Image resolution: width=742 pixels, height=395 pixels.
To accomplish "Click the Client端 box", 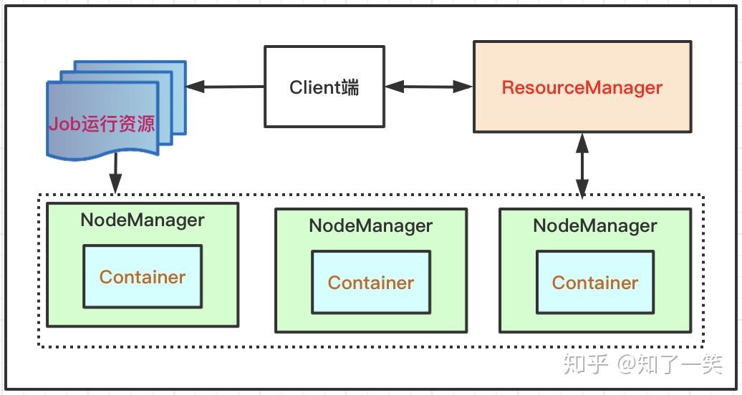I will click(x=324, y=87).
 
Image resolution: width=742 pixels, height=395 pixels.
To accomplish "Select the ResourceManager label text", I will click(x=582, y=88).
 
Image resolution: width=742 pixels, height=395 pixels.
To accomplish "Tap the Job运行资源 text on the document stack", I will click(x=102, y=124).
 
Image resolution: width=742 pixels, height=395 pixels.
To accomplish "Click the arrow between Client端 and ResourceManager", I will click(x=428, y=87).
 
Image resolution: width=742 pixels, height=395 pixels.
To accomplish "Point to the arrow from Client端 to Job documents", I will click(x=226, y=87).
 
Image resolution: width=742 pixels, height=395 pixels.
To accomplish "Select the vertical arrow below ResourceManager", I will click(x=582, y=165).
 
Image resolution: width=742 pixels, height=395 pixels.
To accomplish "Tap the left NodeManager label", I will click(x=142, y=220).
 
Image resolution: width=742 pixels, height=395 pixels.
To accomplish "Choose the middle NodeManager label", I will click(x=370, y=225).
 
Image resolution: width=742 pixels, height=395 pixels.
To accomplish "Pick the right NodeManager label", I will click(x=594, y=225).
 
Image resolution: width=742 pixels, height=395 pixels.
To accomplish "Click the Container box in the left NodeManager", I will click(x=142, y=276).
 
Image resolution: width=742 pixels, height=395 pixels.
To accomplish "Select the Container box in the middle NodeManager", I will click(x=370, y=282).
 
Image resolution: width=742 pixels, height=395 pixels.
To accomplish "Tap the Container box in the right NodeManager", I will click(x=594, y=282).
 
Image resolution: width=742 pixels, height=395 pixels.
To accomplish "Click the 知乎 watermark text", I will click(x=586, y=364).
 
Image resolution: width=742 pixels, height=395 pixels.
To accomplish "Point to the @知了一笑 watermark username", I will click(x=670, y=364).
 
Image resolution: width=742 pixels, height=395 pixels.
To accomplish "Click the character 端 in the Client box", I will click(x=350, y=87).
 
